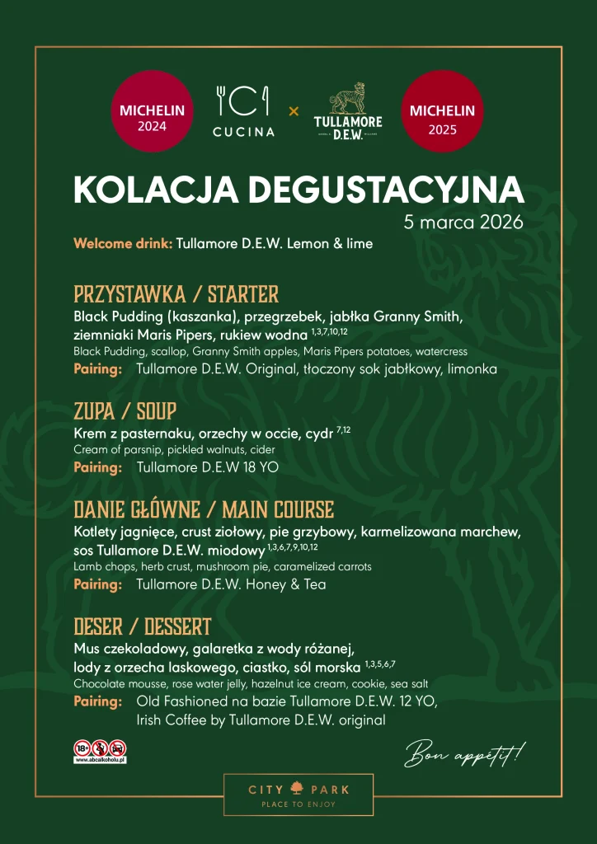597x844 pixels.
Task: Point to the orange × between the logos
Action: [294, 110]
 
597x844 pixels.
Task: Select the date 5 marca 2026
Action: [463, 223]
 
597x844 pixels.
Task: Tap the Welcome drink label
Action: [123, 244]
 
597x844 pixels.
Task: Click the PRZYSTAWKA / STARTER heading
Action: [176, 294]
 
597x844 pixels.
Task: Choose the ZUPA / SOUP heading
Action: [125, 410]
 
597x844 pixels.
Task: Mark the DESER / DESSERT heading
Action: [143, 626]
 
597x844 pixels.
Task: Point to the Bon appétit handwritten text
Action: [464, 753]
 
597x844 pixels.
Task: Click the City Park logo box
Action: [298, 795]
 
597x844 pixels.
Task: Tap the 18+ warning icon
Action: [82, 748]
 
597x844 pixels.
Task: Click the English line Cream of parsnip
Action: [174, 450]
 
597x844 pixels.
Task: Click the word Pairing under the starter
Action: [98, 369]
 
